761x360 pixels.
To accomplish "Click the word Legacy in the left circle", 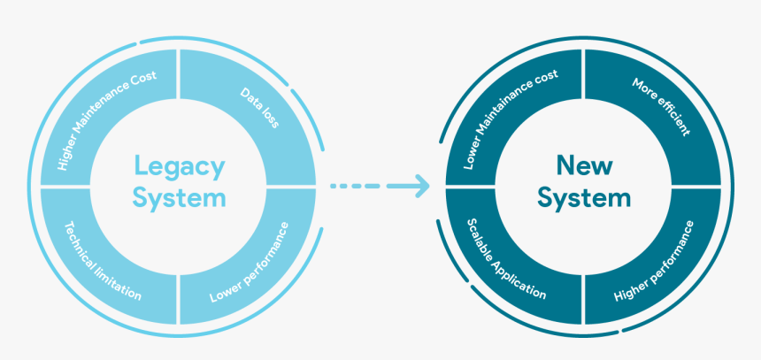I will coord(179,166).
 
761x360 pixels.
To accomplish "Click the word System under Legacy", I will coord(179,198).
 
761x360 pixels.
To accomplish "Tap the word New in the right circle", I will coord(583,165).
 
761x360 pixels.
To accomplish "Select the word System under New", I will coord(583,198).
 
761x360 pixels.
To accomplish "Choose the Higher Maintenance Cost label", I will coord(106,120).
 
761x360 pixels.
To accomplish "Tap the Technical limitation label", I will coord(103,257).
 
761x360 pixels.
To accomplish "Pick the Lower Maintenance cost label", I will coord(511,119).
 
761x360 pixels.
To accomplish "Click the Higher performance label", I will coord(654,262).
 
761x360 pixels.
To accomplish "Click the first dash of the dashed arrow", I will coord(335,187).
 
